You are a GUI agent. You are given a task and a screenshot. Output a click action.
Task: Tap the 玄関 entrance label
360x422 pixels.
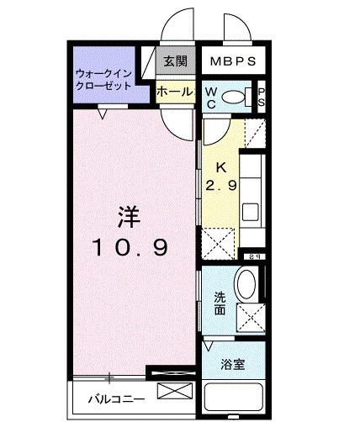tap(175, 61)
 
